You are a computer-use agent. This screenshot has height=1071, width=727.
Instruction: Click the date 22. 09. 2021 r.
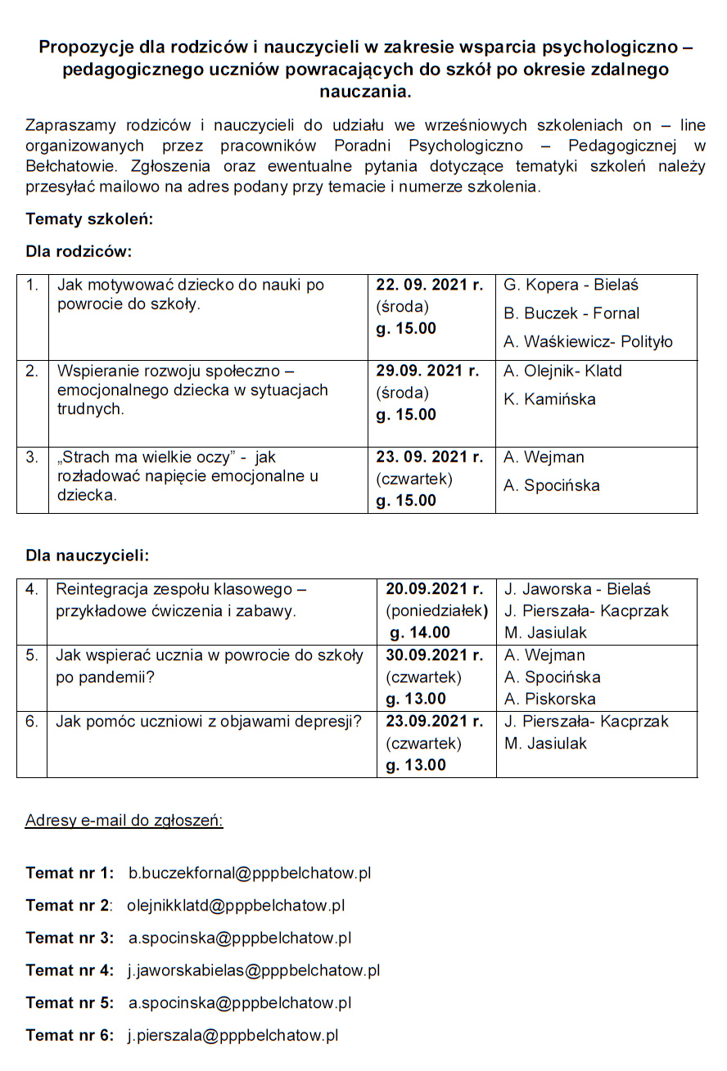coord(429,285)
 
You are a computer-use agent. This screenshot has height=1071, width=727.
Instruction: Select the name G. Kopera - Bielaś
coord(571,285)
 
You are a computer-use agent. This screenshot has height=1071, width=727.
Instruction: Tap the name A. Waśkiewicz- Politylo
coord(588,342)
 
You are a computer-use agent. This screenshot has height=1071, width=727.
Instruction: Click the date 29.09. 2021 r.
coord(427,371)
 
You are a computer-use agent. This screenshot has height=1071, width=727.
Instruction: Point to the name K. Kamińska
coord(549,399)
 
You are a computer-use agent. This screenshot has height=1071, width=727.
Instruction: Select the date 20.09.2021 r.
coord(435,589)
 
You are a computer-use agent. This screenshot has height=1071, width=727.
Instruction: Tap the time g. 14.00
coord(420,632)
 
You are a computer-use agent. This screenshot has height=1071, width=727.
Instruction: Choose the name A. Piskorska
coord(549,699)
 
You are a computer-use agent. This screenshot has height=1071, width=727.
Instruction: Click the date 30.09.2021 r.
coord(435,655)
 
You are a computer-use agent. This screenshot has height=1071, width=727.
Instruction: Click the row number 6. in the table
coord(32,722)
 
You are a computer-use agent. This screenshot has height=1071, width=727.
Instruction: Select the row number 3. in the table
coord(32,457)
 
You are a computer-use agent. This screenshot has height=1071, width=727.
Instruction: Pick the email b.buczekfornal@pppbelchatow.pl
coord(250,873)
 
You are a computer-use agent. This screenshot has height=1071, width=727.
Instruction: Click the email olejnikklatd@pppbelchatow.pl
coord(236,906)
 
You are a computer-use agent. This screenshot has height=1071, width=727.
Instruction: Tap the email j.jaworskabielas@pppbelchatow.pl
coord(254,970)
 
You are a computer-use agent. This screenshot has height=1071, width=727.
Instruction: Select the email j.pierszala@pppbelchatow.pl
coord(233,1035)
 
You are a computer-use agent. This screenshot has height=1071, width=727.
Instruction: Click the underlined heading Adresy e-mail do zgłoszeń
coord(124,821)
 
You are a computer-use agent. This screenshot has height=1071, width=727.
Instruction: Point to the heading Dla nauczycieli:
coord(88,556)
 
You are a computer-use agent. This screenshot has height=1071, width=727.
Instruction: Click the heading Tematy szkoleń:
coord(89,219)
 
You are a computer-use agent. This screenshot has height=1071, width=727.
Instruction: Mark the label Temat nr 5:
coord(70,1003)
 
